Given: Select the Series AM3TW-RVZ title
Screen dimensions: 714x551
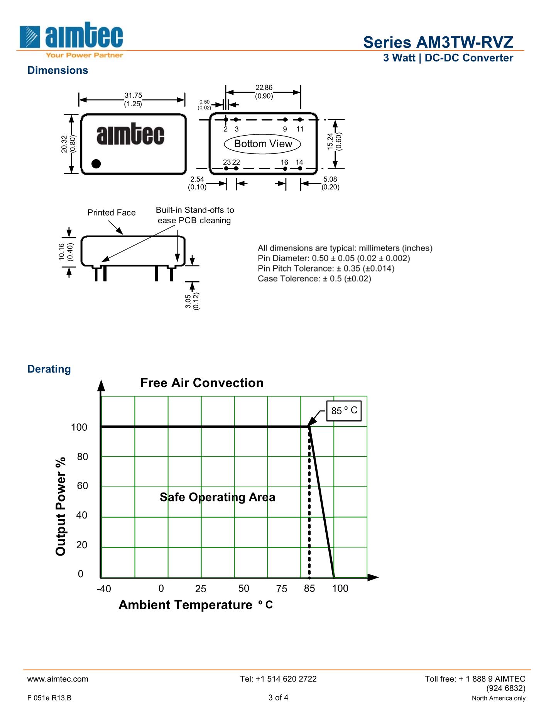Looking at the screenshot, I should (438, 42).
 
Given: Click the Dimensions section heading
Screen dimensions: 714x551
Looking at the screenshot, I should (57, 70).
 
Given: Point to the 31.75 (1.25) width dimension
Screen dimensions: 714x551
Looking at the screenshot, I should (133, 99).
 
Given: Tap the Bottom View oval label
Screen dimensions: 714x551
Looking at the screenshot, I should (263, 144).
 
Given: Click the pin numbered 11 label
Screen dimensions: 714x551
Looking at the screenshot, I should (300, 129).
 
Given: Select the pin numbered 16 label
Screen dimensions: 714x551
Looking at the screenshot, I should (284, 162).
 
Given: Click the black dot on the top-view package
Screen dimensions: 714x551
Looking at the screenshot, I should (96, 164).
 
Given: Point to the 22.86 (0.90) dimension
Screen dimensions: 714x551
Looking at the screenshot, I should (264, 92).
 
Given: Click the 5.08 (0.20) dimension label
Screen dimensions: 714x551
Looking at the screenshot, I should (330, 183).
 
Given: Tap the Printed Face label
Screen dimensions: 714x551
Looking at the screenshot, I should (112, 212).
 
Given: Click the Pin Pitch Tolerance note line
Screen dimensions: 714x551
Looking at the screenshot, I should (326, 269).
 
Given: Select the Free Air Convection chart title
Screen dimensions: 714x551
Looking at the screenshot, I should (202, 383).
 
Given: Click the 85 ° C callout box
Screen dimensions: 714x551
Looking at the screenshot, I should (344, 411).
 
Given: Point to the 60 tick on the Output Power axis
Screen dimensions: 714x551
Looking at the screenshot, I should (82, 486).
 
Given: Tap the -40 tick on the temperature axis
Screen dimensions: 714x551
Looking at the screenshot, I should (103, 589).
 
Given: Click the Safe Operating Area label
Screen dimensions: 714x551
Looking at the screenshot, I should (217, 497).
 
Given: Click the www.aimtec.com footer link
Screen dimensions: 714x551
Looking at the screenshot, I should (58, 679).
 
